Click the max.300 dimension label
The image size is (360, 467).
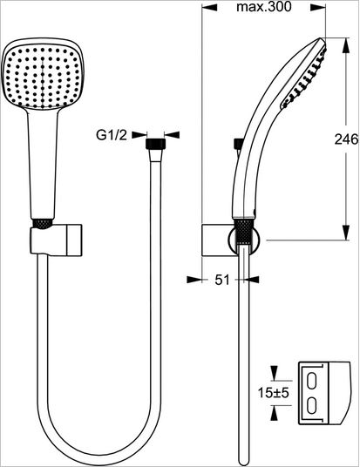click(264, 7)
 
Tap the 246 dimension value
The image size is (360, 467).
click(346, 139)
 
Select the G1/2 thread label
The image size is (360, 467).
click(112, 135)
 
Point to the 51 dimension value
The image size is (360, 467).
click(222, 280)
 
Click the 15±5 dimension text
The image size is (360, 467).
click(274, 393)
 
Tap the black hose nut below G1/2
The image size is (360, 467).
click(155, 143)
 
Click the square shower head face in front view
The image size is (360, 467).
click(43, 78)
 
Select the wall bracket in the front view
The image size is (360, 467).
click(56, 240)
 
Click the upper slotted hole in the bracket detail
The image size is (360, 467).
click(312, 381)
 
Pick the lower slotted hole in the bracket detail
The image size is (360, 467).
click(312, 405)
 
